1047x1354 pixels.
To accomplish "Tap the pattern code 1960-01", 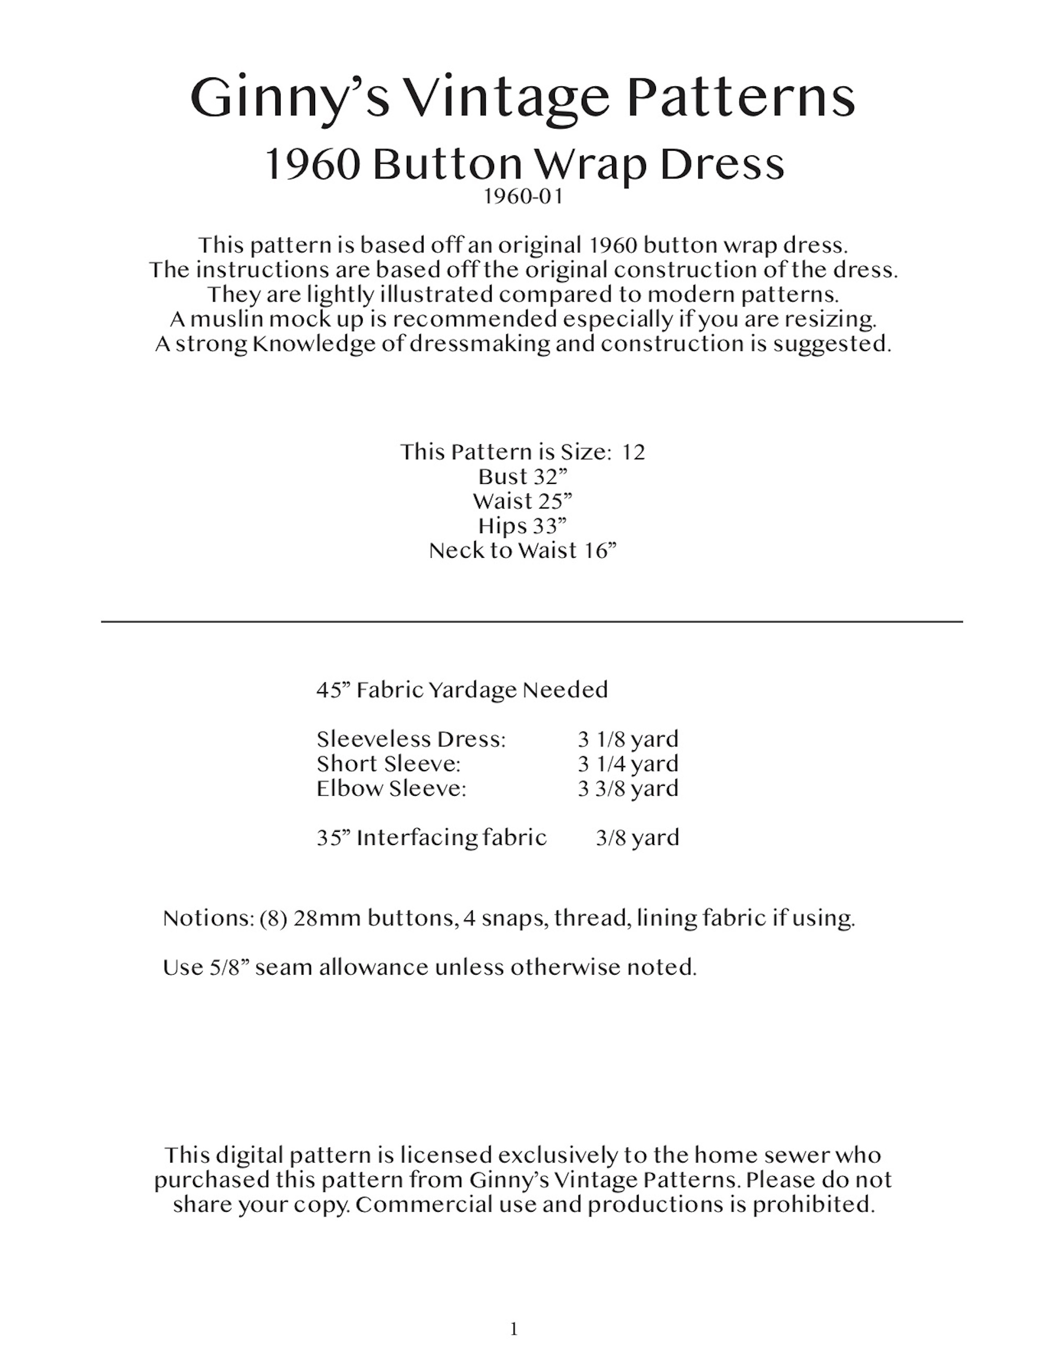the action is (x=523, y=197).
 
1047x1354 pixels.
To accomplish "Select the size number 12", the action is (x=633, y=452).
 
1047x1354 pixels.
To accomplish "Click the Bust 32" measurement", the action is (x=523, y=477).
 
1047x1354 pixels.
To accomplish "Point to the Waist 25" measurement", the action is (x=522, y=501).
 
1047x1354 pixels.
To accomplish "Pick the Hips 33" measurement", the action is (x=522, y=526).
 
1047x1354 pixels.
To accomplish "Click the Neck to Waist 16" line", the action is (x=523, y=550).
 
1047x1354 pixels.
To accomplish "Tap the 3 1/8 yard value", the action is (x=628, y=739).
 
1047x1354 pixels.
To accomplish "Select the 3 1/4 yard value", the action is (x=628, y=764).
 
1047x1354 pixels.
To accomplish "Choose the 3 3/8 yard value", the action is (x=628, y=788).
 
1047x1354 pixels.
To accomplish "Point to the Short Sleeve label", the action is (x=388, y=764).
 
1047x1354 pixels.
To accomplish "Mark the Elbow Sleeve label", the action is (x=391, y=788).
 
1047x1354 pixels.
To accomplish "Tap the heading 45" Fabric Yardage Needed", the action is (x=462, y=690).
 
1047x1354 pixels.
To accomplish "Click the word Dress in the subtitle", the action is (x=721, y=165).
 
